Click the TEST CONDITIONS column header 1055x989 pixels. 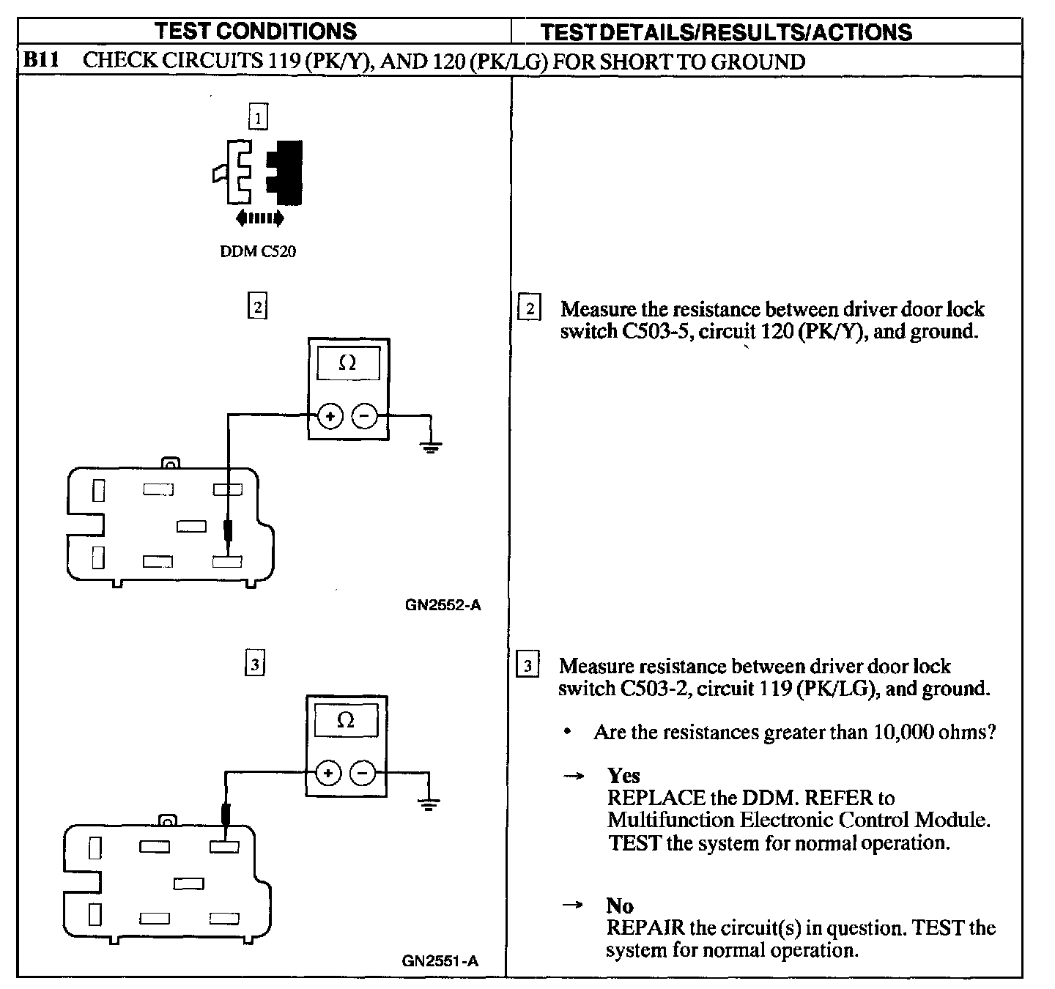(x=256, y=32)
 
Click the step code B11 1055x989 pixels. (x=41, y=59)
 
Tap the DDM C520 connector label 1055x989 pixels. (x=258, y=251)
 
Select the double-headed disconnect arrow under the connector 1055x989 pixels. (x=260, y=218)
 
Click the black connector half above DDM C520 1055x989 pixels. (x=285, y=173)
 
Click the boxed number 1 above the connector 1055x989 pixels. (x=258, y=117)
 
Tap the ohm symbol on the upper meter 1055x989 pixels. (x=347, y=363)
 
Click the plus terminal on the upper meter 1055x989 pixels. (x=330, y=415)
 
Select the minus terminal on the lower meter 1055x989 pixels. (x=363, y=773)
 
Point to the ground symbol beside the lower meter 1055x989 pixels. (x=429, y=803)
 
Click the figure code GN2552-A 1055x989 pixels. (x=443, y=605)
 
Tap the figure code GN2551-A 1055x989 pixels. (x=440, y=961)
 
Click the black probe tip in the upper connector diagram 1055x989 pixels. (x=229, y=531)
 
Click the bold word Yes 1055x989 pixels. (x=623, y=776)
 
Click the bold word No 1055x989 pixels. (x=620, y=905)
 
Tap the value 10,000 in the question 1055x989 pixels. (x=903, y=732)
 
